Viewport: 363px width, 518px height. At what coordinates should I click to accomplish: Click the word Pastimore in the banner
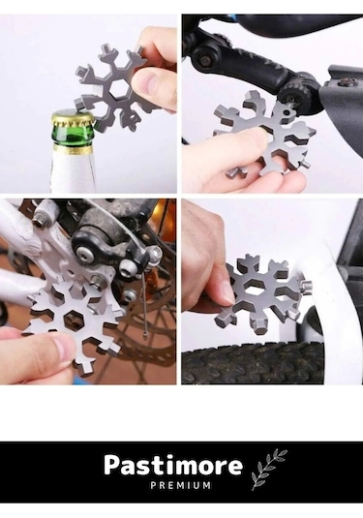coord(173,466)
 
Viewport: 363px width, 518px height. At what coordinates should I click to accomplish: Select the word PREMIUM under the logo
coord(181,486)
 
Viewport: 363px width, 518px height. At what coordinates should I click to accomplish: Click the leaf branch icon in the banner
coord(267,470)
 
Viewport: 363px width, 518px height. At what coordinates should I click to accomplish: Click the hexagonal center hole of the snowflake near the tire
coord(257,288)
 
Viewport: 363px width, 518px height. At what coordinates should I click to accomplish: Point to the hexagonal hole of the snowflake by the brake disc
coord(75,320)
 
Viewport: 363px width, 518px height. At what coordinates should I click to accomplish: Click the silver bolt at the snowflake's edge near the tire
coord(307,285)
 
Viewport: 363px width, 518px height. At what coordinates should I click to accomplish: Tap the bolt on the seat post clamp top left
coord(200,60)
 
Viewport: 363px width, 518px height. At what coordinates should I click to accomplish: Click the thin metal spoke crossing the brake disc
coord(142,304)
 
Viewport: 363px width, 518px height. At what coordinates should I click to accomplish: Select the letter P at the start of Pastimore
coord(111,465)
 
